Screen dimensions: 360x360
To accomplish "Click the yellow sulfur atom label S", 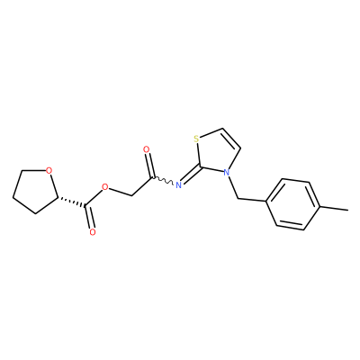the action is point(196,139).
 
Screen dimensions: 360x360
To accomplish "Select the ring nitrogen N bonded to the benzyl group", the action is point(227,173).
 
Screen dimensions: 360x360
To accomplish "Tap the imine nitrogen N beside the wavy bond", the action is point(178,184).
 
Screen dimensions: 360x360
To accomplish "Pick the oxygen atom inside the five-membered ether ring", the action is point(49,171).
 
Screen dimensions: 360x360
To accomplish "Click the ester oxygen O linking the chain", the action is point(104,188).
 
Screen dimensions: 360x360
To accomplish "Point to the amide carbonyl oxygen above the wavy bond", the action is point(147,149).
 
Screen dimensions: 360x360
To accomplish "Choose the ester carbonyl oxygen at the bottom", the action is point(93,232).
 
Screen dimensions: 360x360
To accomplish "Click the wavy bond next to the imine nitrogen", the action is point(164,180).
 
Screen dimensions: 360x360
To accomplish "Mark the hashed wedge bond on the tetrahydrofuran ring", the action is point(71,202).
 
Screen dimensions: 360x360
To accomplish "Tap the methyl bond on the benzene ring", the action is point(334,208).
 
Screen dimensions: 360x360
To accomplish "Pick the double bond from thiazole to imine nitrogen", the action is point(191,175).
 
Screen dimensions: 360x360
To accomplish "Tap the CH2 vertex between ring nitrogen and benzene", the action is point(238,198).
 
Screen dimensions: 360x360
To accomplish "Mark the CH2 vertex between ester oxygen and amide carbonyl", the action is point(131,196).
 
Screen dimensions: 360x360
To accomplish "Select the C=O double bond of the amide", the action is point(150,166).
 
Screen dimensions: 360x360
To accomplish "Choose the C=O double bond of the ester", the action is point(90,217).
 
